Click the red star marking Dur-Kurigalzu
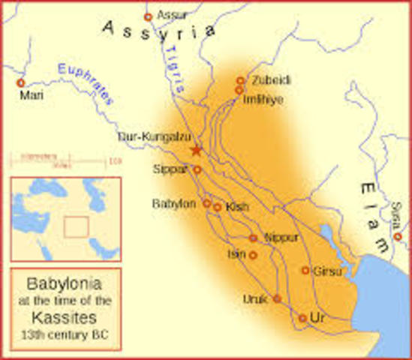(x=197, y=150)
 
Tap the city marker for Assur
(x=148, y=16)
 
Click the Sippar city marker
(x=197, y=170)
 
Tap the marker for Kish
(x=217, y=208)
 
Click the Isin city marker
(x=253, y=255)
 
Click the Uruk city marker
(x=276, y=298)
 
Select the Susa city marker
(x=398, y=236)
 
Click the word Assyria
(x=159, y=31)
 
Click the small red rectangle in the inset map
(x=76, y=226)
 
